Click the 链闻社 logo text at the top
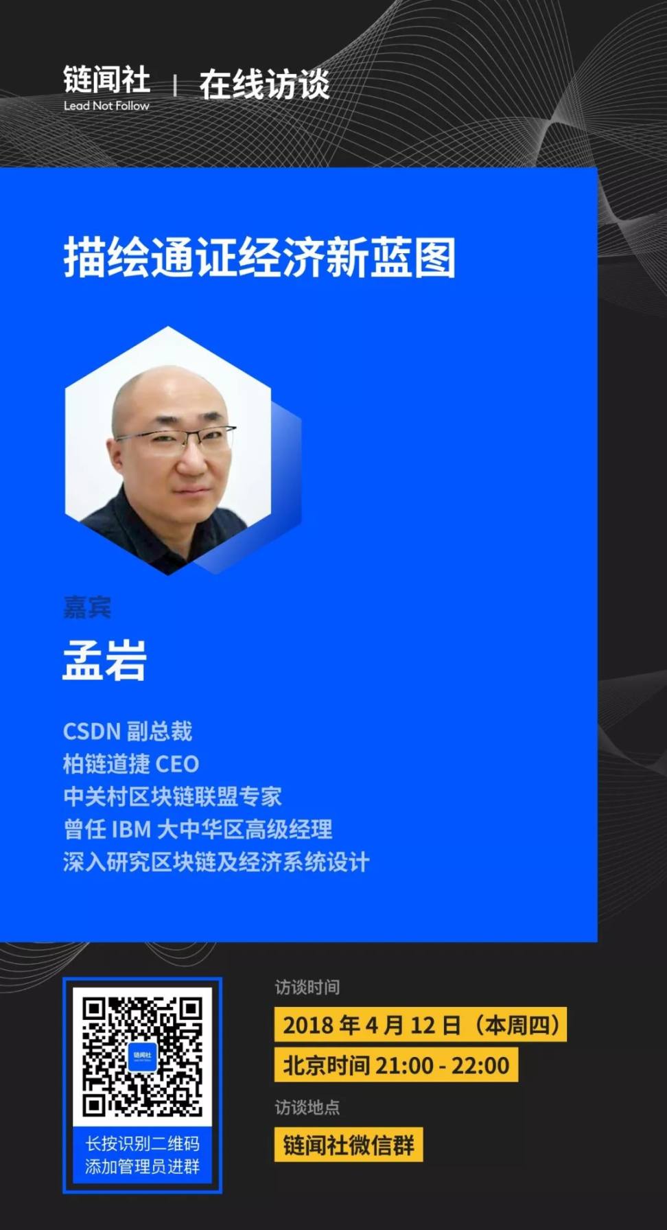coord(106,80)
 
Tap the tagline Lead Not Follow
coord(106,106)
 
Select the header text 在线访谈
coord(264,84)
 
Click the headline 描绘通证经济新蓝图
coord(259,258)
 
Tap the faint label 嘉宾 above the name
coord(87,607)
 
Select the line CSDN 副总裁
coord(128,731)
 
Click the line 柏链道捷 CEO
coord(131,764)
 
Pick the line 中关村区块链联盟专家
coord(172,796)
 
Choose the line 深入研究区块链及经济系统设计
coord(216,862)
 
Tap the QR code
coord(142,1056)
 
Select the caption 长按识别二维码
coord(142,1144)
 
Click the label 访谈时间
coord(307,987)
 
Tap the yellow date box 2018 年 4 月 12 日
coord(421,1025)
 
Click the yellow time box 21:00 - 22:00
coord(396,1065)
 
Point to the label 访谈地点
coord(307,1107)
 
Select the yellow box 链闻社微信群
coord(349,1145)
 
